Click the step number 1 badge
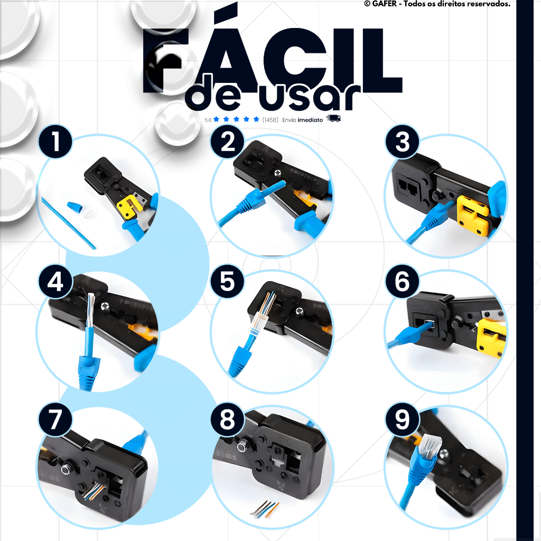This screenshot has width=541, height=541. (55, 142)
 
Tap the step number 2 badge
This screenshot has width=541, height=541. (227, 142)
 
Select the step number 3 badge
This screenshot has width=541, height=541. (402, 142)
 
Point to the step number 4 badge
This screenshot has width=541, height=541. (55, 281)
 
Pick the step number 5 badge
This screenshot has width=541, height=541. (227, 281)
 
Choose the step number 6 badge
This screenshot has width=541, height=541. (402, 281)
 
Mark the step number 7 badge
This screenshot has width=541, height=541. (55, 419)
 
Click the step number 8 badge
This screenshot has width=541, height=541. (227, 419)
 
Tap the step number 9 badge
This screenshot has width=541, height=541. (402, 419)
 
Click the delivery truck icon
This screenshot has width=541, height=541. (334, 118)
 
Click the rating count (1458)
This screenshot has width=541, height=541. (270, 120)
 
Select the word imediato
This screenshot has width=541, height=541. (310, 120)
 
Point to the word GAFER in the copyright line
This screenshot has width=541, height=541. (385, 4)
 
